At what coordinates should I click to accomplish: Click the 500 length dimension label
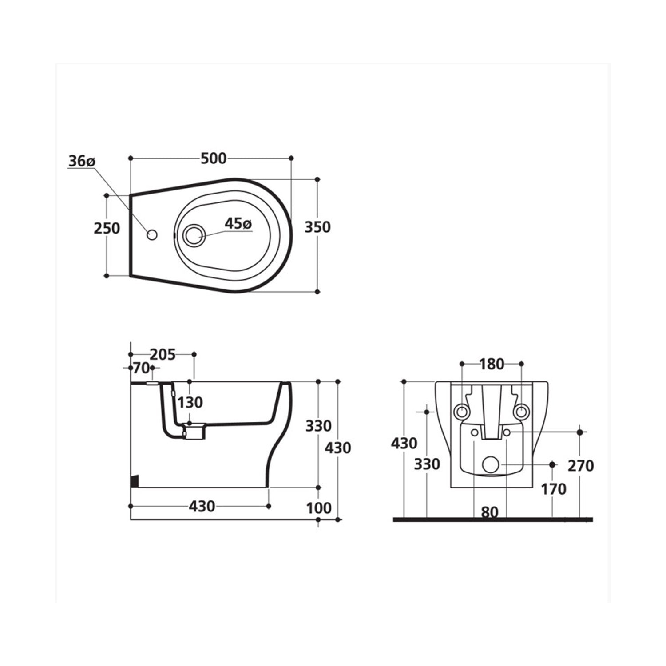click(214, 159)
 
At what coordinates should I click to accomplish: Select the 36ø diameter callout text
click(81, 162)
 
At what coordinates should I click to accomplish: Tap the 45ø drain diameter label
click(238, 223)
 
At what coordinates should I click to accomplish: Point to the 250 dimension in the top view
click(107, 228)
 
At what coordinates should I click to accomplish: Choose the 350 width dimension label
click(317, 227)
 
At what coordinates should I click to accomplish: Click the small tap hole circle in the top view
click(152, 235)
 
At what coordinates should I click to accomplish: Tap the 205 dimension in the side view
click(163, 355)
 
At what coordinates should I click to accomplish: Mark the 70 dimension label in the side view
click(141, 368)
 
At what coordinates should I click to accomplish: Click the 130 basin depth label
click(190, 403)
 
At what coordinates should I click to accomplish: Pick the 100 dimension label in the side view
click(319, 508)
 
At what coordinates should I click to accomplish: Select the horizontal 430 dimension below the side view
click(202, 506)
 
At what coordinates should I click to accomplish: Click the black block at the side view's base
click(134, 481)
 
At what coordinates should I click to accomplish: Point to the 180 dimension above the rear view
click(492, 364)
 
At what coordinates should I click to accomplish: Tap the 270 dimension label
click(580, 466)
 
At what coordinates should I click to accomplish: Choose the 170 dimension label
click(553, 489)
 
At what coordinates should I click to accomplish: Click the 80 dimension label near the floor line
click(490, 512)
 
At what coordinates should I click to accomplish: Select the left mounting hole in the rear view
click(462, 412)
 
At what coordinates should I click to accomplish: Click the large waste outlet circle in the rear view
click(490, 464)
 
